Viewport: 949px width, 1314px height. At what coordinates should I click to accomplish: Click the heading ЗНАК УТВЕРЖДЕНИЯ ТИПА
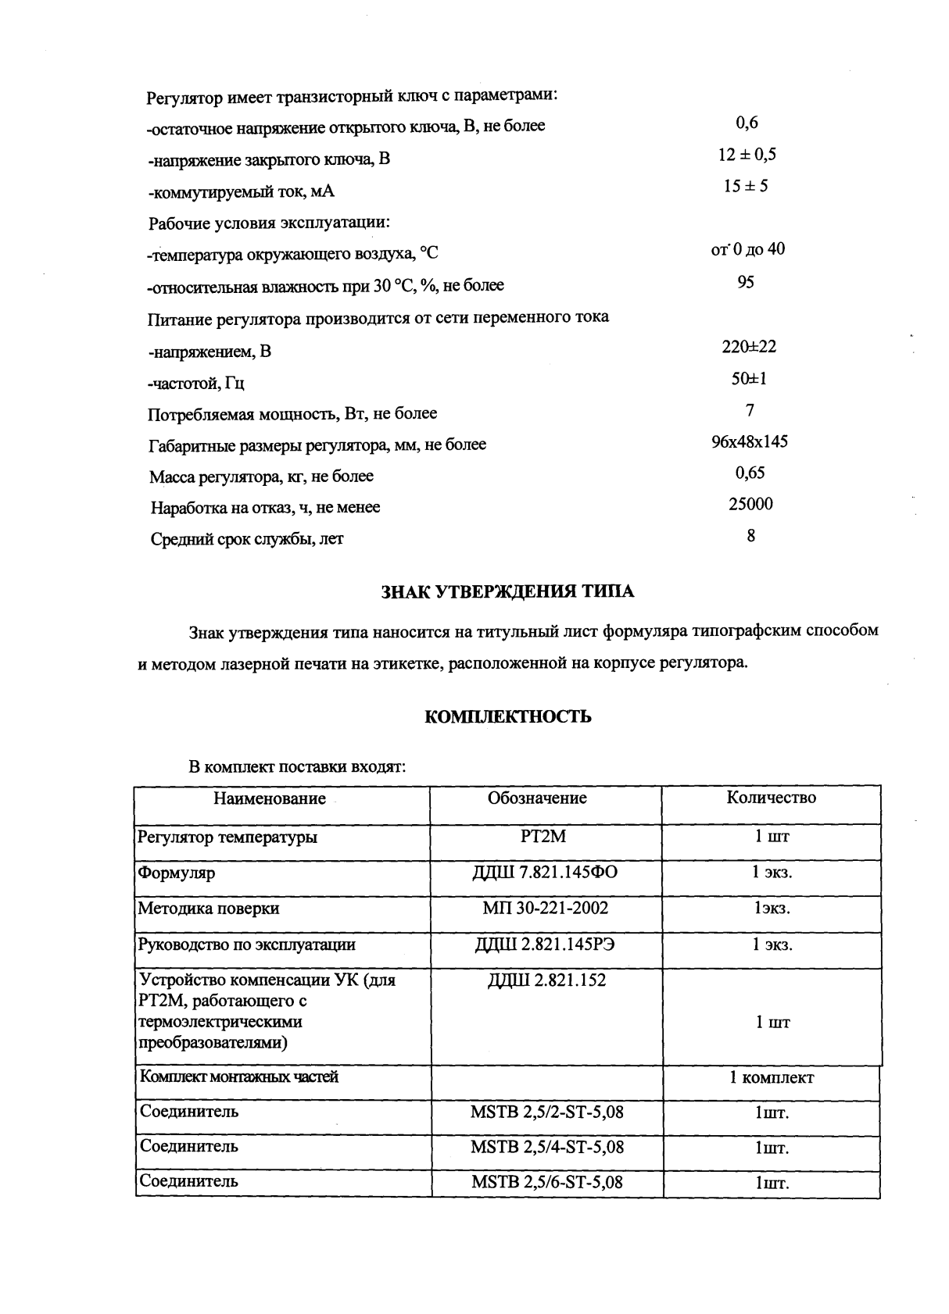pyautogui.click(x=507, y=591)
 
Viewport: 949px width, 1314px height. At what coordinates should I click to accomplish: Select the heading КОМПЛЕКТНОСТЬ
pyautogui.click(x=507, y=716)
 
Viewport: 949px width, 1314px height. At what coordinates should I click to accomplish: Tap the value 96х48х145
pyautogui.click(x=749, y=442)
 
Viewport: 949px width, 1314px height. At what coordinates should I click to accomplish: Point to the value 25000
pyautogui.click(x=750, y=505)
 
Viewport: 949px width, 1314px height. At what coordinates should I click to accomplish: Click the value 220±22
pyautogui.click(x=749, y=347)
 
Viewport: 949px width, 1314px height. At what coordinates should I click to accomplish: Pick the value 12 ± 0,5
pyautogui.click(x=747, y=155)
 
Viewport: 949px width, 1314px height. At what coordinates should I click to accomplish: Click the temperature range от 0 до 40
pyautogui.click(x=747, y=249)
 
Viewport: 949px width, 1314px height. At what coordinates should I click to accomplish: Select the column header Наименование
pyautogui.click(x=270, y=798)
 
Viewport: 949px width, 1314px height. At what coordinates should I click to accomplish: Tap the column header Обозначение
pyautogui.click(x=537, y=798)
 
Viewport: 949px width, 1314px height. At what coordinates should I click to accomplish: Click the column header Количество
pyautogui.click(x=771, y=798)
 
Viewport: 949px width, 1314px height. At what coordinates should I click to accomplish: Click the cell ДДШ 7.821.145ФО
pyautogui.click(x=545, y=872)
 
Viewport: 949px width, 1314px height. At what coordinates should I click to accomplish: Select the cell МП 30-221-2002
pyautogui.click(x=545, y=908)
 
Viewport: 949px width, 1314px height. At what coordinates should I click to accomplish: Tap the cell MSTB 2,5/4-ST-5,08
pyautogui.click(x=547, y=1147)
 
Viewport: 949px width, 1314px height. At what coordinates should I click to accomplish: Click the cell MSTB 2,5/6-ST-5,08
pyautogui.click(x=547, y=1182)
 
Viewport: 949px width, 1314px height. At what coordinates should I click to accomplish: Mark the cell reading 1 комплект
pyautogui.click(x=772, y=1078)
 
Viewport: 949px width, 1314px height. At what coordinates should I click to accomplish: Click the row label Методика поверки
pyautogui.click(x=208, y=909)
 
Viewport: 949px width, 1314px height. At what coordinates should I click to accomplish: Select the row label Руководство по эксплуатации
pyautogui.click(x=246, y=944)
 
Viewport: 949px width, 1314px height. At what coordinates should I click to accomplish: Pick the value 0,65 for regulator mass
pyautogui.click(x=750, y=473)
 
